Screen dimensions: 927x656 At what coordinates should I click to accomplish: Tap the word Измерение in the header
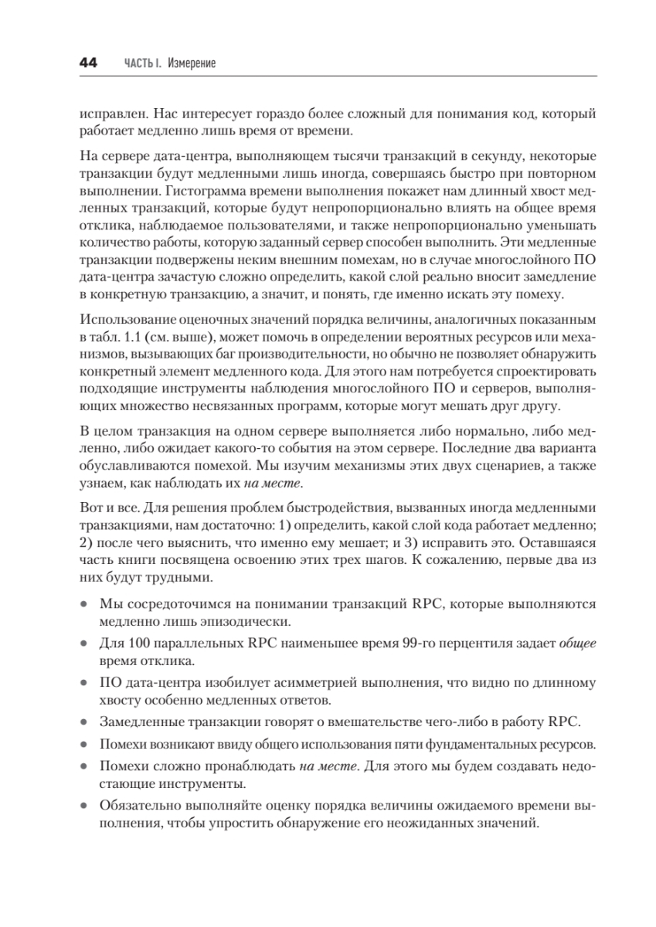point(191,64)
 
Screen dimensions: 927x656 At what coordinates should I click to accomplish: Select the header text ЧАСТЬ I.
point(142,64)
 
